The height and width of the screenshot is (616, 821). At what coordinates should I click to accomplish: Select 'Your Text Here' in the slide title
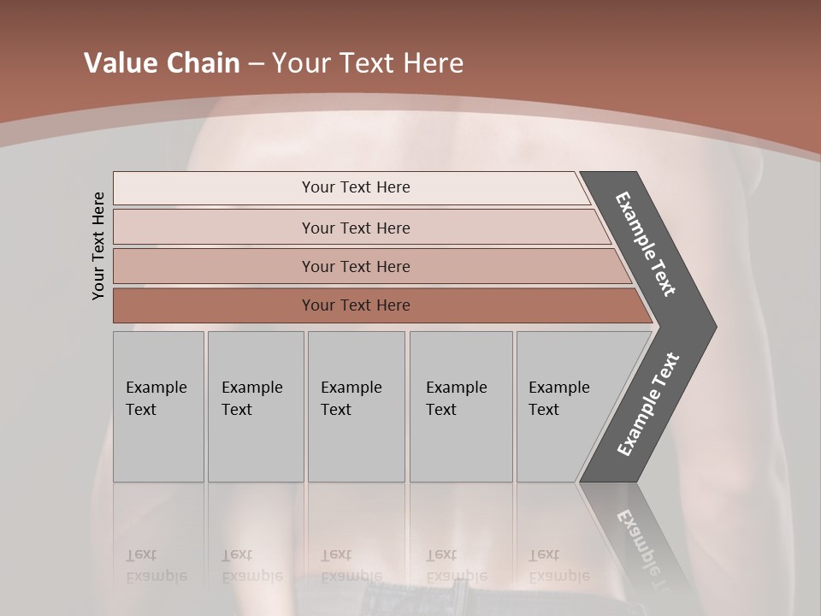(x=368, y=63)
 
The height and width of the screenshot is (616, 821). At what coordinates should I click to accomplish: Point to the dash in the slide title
(x=256, y=64)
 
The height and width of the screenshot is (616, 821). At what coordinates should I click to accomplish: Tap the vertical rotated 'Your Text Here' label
(x=98, y=246)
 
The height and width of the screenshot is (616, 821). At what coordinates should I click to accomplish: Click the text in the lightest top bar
(x=356, y=187)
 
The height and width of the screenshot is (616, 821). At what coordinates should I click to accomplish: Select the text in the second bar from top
(x=356, y=228)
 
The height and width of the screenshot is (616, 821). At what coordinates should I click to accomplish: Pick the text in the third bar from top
(x=356, y=266)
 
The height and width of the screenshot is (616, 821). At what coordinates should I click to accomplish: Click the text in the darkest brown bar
(x=356, y=305)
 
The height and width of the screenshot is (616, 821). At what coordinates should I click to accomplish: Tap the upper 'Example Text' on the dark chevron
(x=646, y=244)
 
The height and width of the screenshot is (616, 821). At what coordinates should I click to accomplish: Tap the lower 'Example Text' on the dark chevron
(x=647, y=405)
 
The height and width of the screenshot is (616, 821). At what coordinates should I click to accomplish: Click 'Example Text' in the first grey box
(x=156, y=399)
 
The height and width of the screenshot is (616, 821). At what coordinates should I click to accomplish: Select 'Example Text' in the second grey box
(x=251, y=399)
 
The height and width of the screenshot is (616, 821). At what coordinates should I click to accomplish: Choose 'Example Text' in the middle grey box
(x=351, y=399)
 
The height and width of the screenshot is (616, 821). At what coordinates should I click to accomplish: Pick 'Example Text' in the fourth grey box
(x=456, y=399)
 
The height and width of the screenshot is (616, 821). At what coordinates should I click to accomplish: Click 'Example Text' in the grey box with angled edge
(x=558, y=399)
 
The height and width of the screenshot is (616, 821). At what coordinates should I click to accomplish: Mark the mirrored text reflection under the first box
(x=156, y=566)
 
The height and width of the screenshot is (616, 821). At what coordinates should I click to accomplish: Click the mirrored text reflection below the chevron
(x=641, y=548)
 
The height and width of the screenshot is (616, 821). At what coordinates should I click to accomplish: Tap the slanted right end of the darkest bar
(x=643, y=306)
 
